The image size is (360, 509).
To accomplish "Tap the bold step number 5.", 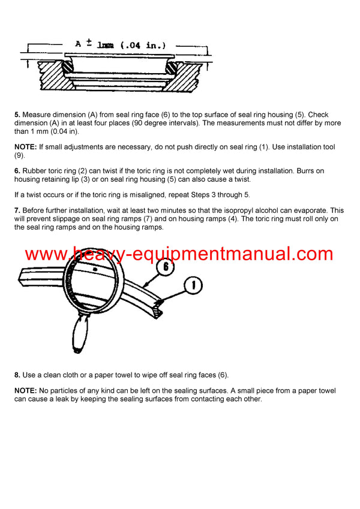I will click(17, 115).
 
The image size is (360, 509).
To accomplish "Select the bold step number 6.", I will click(17, 171).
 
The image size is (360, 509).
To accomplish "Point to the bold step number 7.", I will click(17, 211).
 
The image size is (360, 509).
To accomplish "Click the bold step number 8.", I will click(17, 375).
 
